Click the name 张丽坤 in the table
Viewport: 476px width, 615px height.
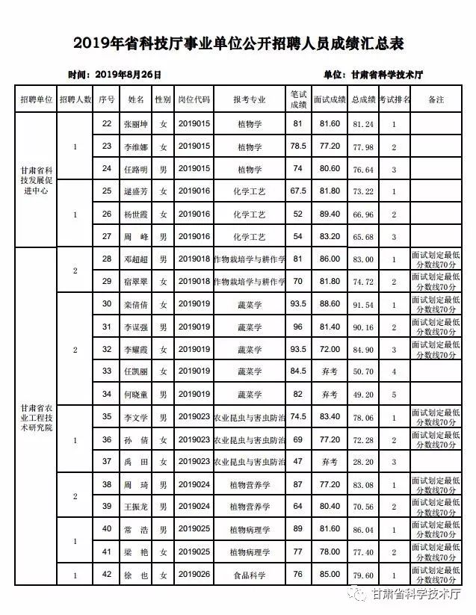136,123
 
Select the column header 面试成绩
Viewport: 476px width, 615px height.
329,99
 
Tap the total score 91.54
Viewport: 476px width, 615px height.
363,305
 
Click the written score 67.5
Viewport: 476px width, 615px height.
298,191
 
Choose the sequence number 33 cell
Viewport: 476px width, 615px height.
107,371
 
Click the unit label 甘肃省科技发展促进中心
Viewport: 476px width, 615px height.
36,179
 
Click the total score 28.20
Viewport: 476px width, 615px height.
363,463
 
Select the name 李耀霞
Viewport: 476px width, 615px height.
136,349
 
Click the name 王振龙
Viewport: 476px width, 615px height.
136,507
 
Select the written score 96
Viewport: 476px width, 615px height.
298,327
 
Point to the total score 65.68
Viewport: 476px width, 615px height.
363,237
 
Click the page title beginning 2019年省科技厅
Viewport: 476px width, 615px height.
238,44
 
